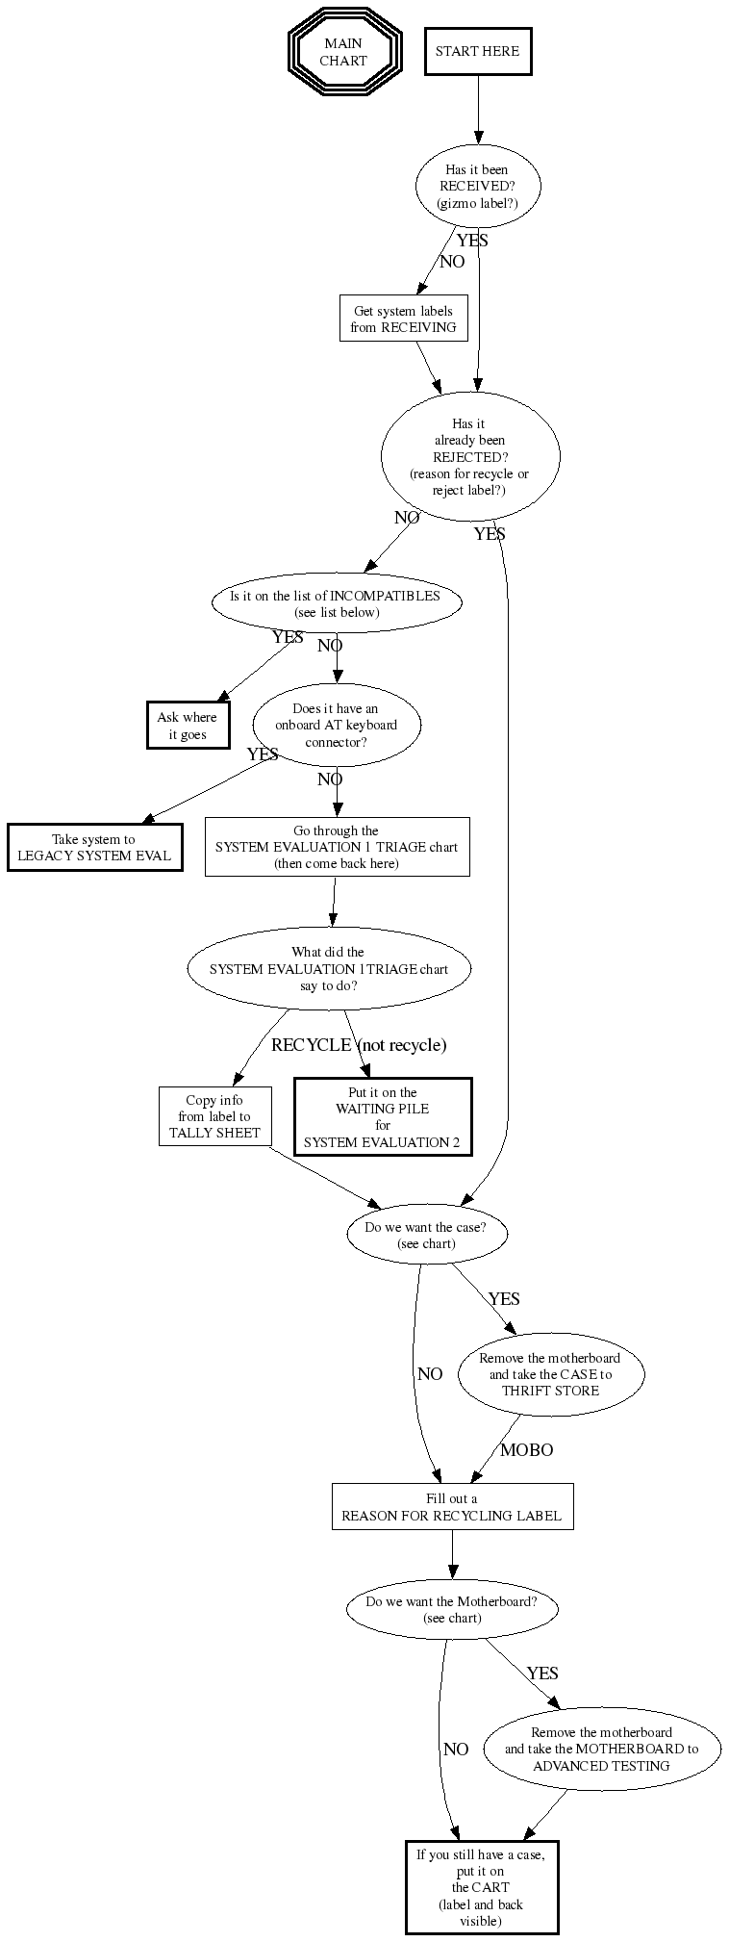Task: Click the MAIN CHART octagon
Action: (x=343, y=52)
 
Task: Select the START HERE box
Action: (x=477, y=52)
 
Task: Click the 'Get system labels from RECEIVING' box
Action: (x=403, y=319)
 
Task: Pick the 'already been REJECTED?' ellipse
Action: (x=470, y=456)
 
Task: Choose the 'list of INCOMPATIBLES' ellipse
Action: (x=336, y=603)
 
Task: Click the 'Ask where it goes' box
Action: (x=188, y=726)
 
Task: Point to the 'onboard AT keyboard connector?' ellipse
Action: (x=336, y=726)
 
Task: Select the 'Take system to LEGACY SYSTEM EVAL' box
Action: (x=94, y=848)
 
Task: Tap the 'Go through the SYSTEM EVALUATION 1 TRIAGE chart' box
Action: (x=337, y=847)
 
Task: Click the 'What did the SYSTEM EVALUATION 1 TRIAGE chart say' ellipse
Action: (x=328, y=969)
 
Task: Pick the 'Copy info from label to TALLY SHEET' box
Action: (x=214, y=1116)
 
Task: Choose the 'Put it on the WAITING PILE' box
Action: (x=382, y=1117)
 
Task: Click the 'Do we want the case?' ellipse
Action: (x=426, y=1235)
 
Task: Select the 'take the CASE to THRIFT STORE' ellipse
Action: (x=550, y=1374)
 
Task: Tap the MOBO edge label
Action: (x=526, y=1450)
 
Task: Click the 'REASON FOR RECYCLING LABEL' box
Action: (x=452, y=1507)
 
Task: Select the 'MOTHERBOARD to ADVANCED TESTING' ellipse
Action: (x=601, y=1749)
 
